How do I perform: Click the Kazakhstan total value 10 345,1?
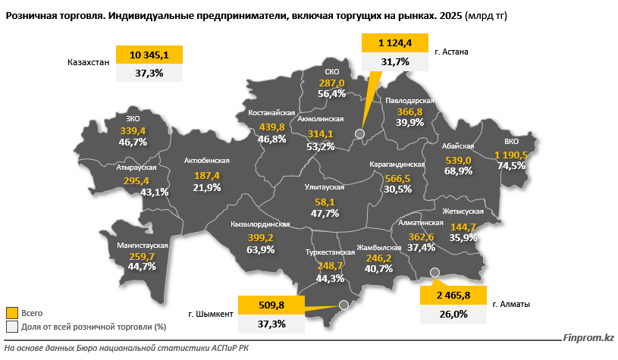click(149, 55)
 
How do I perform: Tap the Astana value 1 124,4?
click(395, 42)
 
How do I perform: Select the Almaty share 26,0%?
click(453, 314)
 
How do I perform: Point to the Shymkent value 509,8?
click(271, 305)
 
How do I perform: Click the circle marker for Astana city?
click(359, 133)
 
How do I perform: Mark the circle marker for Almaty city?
click(434, 272)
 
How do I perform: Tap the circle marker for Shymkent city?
click(344, 305)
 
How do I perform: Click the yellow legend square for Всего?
click(12, 313)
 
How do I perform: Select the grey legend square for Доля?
click(12, 327)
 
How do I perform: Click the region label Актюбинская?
click(206, 161)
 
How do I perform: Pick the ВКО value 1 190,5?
click(511, 155)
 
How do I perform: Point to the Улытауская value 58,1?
click(325, 202)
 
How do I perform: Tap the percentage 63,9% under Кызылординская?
click(261, 249)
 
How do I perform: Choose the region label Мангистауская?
click(143, 246)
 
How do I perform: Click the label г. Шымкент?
click(211, 314)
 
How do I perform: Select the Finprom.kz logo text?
click(588, 337)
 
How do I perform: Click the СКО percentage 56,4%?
click(332, 94)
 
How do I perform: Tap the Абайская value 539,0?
click(458, 161)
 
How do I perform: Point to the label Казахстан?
click(88, 62)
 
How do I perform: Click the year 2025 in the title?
click(451, 16)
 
